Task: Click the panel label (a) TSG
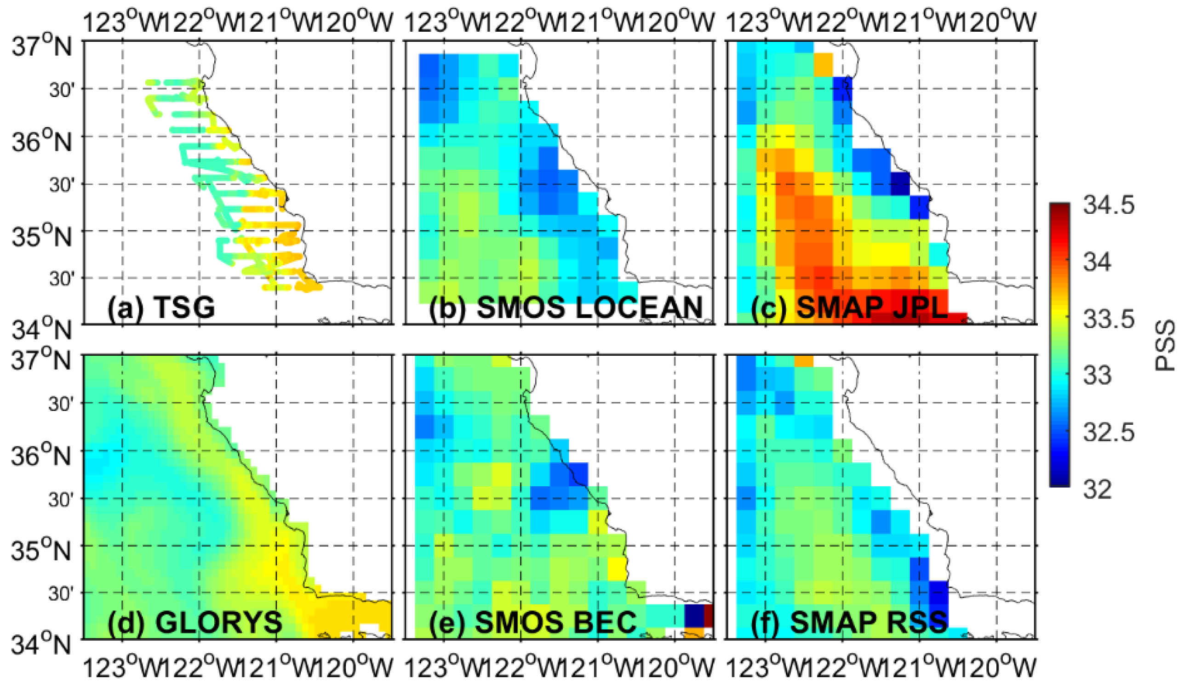(x=161, y=307)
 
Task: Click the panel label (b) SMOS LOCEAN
(x=566, y=307)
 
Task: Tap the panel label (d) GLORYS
(x=195, y=622)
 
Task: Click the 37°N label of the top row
(x=41, y=47)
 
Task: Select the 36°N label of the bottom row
(x=41, y=456)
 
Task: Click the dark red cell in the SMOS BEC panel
(x=709, y=616)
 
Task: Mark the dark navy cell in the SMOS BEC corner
(x=693, y=616)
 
